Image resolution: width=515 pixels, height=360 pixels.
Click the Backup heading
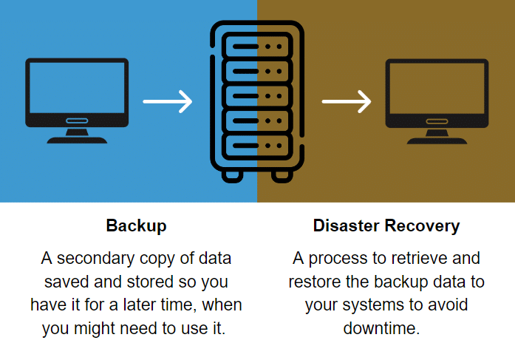click(x=136, y=225)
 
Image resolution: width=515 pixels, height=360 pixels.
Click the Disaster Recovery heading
click(x=386, y=225)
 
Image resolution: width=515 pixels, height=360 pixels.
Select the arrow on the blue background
click(x=167, y=102)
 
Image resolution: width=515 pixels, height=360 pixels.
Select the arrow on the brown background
click(x=347, y=102)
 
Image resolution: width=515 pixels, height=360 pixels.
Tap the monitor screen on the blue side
click(x=77, y=86)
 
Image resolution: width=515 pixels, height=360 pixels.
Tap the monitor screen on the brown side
click(x=437, y=86)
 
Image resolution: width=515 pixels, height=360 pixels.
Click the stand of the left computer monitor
click(x=77, y=136)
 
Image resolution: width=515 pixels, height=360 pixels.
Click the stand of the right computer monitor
click(x=437, y=136)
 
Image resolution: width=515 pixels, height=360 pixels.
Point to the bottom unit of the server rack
click(x=256, y=143)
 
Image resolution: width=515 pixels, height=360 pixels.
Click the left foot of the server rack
click(x=231, y=175)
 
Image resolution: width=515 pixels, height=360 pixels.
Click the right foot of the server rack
click(x=282, y=175)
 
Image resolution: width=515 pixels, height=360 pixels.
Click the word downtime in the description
click(x=381, y=327)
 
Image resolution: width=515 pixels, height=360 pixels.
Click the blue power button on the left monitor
click(x=77, y=120)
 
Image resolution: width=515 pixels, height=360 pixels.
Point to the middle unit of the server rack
click(x=256, y=95)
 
